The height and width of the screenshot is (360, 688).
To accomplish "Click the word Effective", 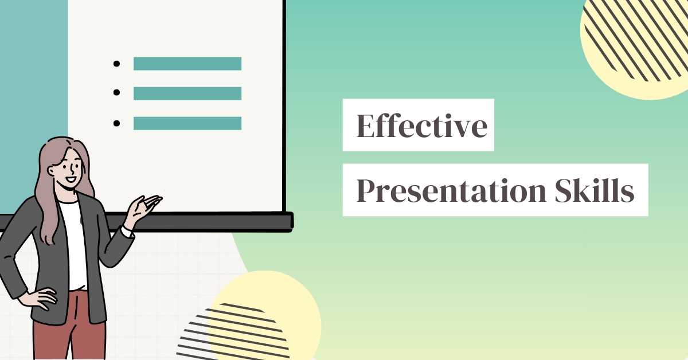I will click(421, 126).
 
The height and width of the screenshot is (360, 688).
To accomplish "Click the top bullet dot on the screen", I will click(117, 64).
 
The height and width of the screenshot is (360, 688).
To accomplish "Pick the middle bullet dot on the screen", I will click(117, 93).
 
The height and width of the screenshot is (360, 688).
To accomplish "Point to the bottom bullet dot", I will click(117, 123).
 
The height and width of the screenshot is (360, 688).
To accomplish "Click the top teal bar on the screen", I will click(187, 64).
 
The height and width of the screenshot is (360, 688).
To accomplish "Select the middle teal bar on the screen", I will click(187, 93).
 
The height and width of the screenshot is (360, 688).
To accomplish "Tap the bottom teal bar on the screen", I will click(187, 123).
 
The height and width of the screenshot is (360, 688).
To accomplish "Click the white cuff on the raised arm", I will click(127, 232).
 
